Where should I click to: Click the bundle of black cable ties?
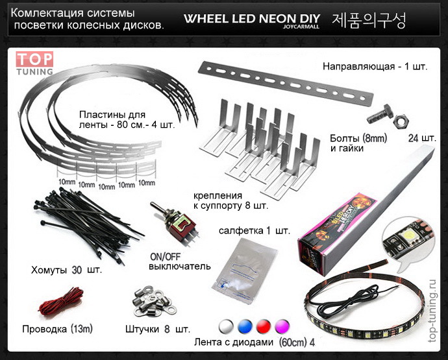[x=84, y=224]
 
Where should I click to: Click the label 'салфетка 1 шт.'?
[x=254, y=230]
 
